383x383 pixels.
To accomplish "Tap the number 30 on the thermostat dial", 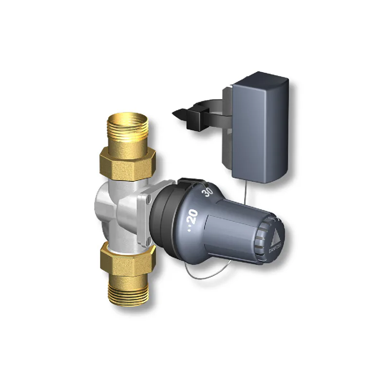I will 209,191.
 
